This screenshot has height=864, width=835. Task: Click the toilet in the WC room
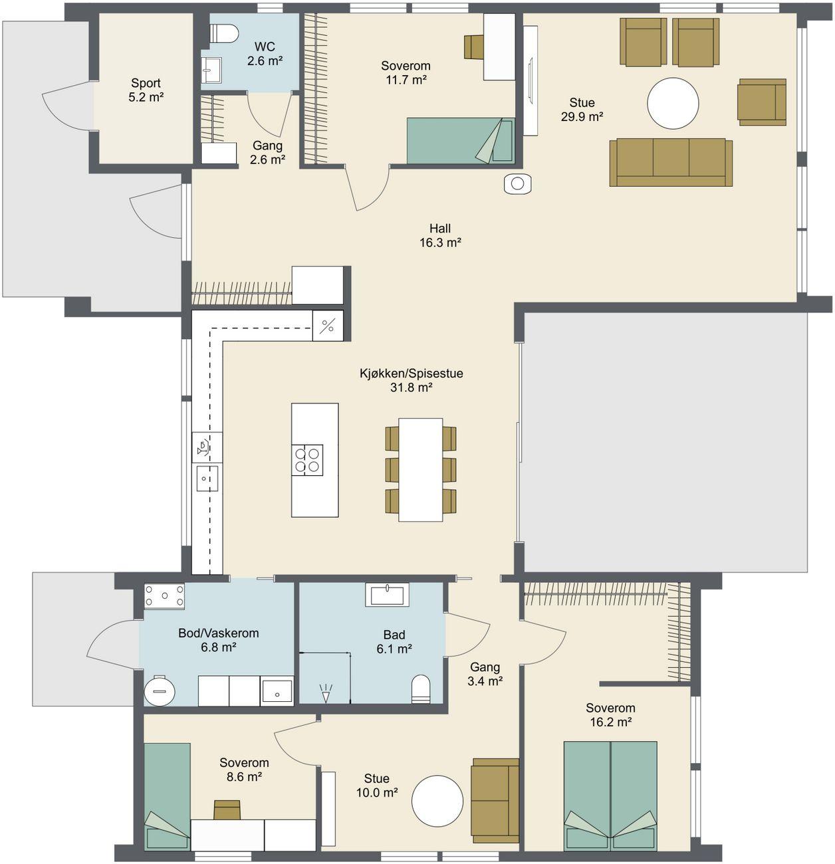click(224, 33)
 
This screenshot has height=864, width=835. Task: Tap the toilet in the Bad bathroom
click(421, 689)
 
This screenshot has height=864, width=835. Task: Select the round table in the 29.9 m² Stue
click(673, 104)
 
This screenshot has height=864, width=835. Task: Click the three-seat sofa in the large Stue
click(671, 162)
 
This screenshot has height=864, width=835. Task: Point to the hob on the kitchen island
click(307, 460)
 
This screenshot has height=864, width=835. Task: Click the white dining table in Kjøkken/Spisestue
click(421, 470)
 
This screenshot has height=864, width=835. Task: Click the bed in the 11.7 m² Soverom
click(461, 141)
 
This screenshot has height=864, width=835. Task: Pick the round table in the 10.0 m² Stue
click(437, 800)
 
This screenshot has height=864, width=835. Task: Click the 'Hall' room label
click(440, 229)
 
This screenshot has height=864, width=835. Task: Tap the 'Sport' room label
click(146, 83)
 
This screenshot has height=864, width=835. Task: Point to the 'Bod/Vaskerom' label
click(219, 633)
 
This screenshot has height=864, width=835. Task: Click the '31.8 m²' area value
click(412, 387)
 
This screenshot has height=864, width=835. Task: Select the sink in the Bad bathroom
click(388, 595)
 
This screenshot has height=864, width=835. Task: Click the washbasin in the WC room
click(211, 70)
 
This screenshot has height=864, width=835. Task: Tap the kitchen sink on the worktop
click(207, 479)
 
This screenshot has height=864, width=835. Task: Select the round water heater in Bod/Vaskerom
click(160, 691)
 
